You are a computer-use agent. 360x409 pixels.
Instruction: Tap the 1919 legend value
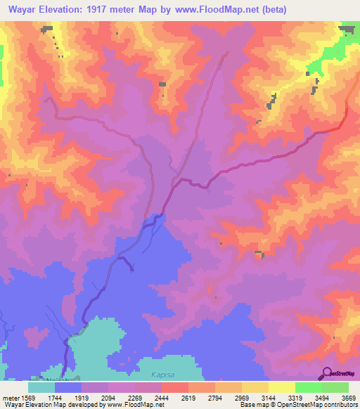(92, 397)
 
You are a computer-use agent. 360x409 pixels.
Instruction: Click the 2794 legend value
(216, 397)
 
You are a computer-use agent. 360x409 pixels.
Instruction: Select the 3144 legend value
(265, 397)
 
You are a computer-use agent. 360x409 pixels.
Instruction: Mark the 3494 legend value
(314, 397)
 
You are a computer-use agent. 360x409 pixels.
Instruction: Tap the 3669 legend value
(339, 397)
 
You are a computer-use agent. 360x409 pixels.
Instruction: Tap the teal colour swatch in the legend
(41, 387)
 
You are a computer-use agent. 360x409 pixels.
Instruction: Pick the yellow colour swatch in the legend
(282, 387)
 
